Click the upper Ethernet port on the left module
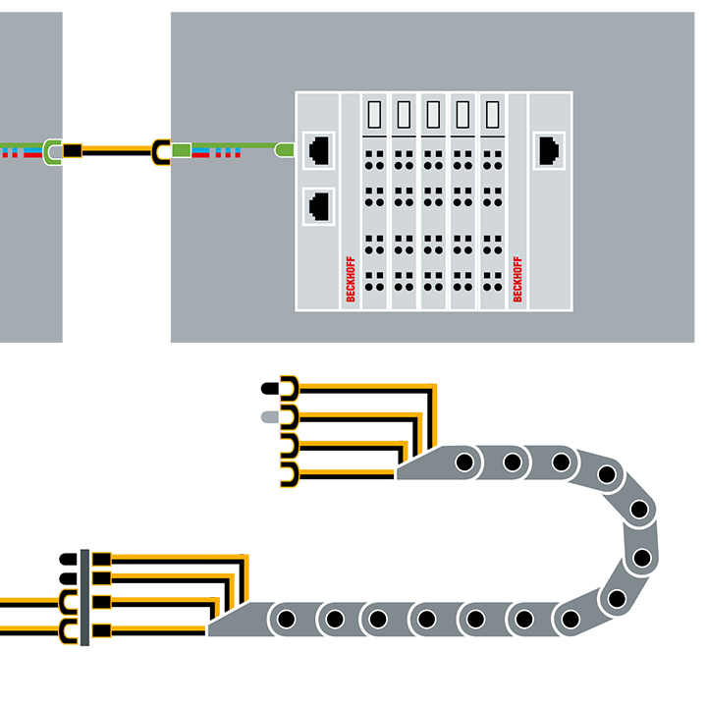pos(319,150)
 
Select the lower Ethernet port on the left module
pos(319,206)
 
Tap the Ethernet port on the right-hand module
pos(549,150)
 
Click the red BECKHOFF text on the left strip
pos(351,279)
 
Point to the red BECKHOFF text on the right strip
pos(517,279)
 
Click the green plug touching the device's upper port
pos(285,150)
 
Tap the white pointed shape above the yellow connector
pos(119,93)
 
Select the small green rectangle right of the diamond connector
pos(182,150)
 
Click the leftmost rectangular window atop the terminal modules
pos(374,116)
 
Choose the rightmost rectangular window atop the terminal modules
pos(492,116)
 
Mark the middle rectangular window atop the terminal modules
pos(433,116)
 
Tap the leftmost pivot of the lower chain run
pos(287,620)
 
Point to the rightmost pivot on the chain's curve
pos(641,557)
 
